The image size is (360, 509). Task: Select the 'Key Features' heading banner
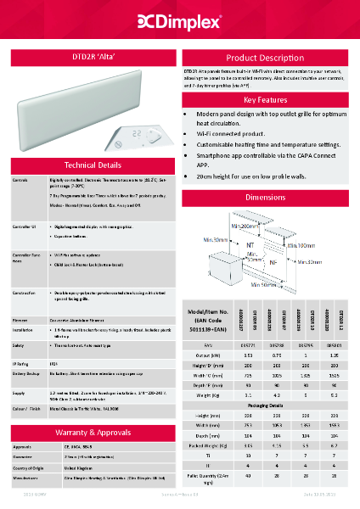(x=265, y=99)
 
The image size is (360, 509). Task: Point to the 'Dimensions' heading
(x=265, y=197)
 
